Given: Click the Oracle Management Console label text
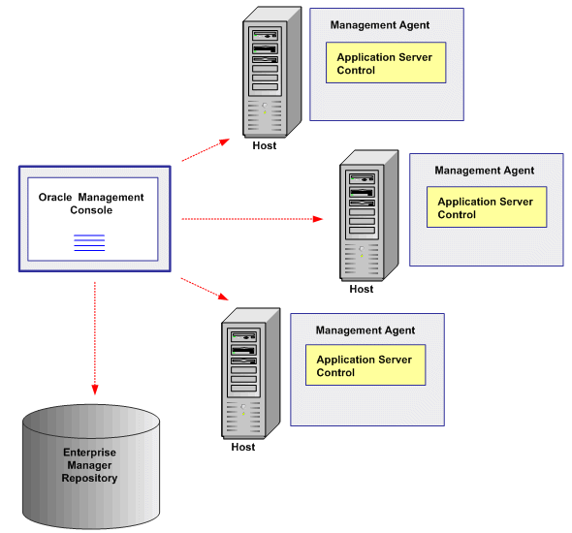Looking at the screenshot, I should [x=91, y=204].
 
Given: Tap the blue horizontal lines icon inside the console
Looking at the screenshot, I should [x=89, y=243].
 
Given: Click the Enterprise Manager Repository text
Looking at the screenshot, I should [x=90, y=465].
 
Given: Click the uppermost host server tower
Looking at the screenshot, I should [x=267, y=73].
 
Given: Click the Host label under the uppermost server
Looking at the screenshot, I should [x=265, y=146].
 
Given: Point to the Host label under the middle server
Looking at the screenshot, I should [x=362, y=289].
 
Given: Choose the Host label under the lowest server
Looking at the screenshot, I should [x=243, y=447].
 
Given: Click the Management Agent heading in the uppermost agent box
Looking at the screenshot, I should [x=380, y=25].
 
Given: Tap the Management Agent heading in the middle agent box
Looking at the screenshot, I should [x=484, y=171].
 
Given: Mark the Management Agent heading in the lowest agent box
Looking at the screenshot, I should [x=365, y=330].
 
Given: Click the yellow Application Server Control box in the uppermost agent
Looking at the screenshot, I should [x=386, y=63].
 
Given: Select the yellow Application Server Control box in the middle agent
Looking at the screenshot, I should [x=487, y=208].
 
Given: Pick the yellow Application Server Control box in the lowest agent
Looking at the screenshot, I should [x=365, y=365].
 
